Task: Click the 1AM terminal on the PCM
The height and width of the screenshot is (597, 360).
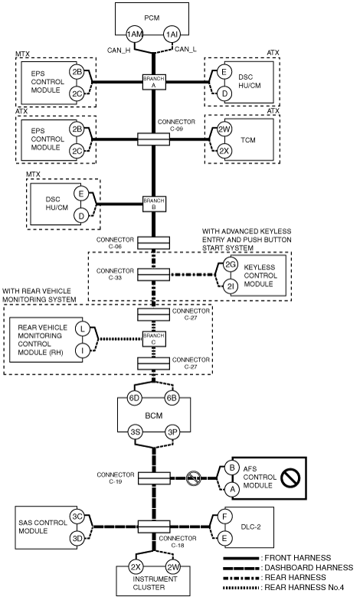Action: coord(135,34)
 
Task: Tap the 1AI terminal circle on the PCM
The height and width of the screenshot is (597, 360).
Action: coord(172,34)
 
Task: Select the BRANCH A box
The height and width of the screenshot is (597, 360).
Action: coord(154,82)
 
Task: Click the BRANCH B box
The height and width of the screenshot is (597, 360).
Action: coord(154,204)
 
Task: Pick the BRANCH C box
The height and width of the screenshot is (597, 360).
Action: coord(154,339)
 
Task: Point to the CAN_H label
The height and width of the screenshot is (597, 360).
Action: coord(119,50)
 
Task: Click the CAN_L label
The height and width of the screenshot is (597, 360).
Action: coord(185,49)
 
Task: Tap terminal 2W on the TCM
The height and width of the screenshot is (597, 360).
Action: coord(224,129)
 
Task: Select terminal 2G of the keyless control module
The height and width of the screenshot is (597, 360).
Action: coord(230,265)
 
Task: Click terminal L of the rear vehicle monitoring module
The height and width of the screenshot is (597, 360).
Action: coord(83,328)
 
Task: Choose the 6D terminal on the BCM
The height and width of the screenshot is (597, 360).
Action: coord(134,398)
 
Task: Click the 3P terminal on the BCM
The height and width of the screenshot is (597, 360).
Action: coord(173,432)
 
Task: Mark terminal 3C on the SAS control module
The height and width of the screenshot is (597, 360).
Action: coord(77,517)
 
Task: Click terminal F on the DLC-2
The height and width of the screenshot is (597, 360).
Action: coord(224,517)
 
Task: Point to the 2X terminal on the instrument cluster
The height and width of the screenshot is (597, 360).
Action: coord(136,567)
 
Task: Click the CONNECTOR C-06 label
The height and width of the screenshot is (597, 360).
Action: coord(115,243)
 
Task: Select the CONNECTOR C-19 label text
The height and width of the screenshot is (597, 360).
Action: coord(116,478)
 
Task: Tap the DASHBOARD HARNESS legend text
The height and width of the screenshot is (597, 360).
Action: coord(309,568)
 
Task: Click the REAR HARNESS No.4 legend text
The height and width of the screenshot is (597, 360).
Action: coord(304,588)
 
